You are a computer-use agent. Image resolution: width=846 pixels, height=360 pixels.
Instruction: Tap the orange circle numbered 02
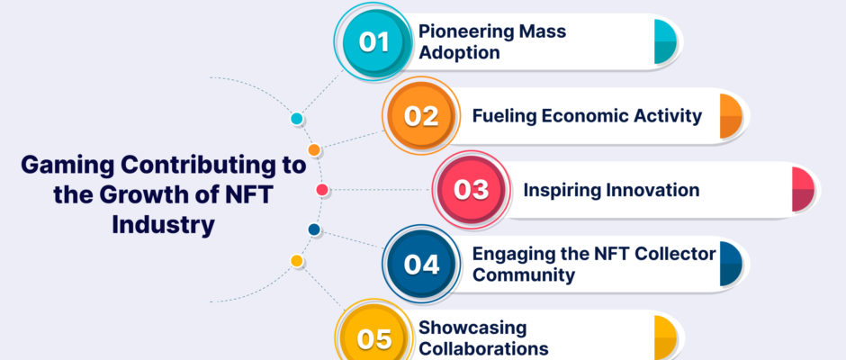[421, 116]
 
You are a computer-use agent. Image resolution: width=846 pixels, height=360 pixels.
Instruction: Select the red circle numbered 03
[471, 190]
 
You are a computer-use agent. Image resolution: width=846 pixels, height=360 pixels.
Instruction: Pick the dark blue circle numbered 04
[421, 264]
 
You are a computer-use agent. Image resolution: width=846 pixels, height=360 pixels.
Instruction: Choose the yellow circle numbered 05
[373, 338]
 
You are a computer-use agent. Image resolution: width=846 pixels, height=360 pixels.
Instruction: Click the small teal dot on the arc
[297, 119]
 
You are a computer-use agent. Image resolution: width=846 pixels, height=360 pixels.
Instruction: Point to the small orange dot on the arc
[314, 150]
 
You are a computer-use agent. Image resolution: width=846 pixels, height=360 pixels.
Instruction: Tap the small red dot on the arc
[322, 190]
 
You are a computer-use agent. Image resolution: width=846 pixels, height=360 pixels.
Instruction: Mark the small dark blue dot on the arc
[314, 229]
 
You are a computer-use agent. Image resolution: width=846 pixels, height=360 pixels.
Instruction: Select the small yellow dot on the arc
[297, 261]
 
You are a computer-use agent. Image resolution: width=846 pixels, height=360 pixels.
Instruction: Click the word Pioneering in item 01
[459, 31]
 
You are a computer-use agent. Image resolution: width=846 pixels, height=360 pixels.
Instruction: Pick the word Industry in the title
[164, 225]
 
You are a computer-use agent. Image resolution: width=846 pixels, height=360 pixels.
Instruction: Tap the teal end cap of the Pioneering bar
[665, 41]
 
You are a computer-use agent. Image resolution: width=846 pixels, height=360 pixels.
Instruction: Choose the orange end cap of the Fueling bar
[731, 116]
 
